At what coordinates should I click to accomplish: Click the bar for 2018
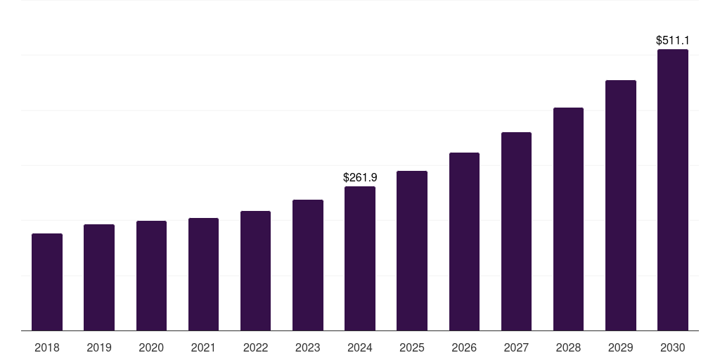[x=47, y=282]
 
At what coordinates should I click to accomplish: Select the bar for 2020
[x=151, y=276]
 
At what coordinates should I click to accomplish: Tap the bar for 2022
[x=255, y=271]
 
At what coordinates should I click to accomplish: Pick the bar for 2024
[x=360, y=258]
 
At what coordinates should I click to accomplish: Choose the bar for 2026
[x=464, y=241]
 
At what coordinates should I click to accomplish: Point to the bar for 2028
[x=568, y=219]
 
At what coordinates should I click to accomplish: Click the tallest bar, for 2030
[x=673, y=190]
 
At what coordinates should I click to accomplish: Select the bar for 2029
[x=621, y=205]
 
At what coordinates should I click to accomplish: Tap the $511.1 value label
[x=673, y=41]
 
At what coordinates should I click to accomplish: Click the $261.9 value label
[x=360, y=178]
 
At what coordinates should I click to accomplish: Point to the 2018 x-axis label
[x=47, y=347]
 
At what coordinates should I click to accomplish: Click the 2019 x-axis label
[x=99, y=347]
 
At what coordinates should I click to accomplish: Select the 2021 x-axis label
[x=203, y=347]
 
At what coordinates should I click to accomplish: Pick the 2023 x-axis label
[x=308, y=347]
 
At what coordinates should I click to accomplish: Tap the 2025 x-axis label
[x=412, y=347]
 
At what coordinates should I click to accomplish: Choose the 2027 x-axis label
[x=516, y=347]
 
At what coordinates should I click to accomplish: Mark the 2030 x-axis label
[x=673, y=347]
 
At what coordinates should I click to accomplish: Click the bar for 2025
[x=412, y=250]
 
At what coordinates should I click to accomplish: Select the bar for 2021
[x=203, y=274]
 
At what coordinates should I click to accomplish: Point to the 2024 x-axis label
[x=360, y=347]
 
